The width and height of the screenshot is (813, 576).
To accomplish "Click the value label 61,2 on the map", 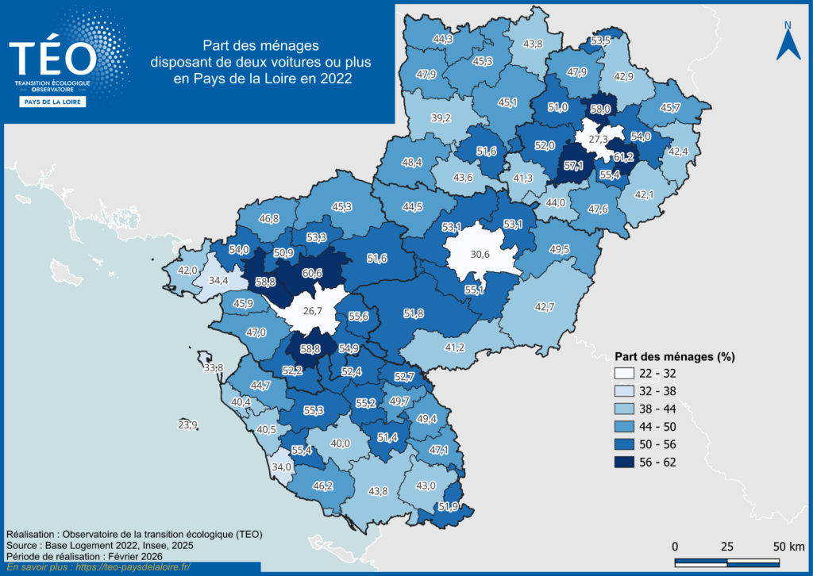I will [623, 157].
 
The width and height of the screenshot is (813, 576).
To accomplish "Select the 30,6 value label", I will [480, 255].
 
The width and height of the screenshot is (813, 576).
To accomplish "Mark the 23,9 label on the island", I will [188, 425].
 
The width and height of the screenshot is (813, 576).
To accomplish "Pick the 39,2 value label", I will [441, 118].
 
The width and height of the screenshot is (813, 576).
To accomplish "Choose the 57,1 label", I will [573, 167].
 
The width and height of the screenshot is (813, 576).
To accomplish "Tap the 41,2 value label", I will [454, 348].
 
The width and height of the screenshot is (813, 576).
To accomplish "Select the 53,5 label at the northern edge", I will [601, 40].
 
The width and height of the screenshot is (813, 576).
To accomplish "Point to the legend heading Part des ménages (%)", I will [675, 356].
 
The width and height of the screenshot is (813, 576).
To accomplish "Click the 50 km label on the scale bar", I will [790, 547].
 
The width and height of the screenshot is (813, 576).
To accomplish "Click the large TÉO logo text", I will [52, 58].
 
